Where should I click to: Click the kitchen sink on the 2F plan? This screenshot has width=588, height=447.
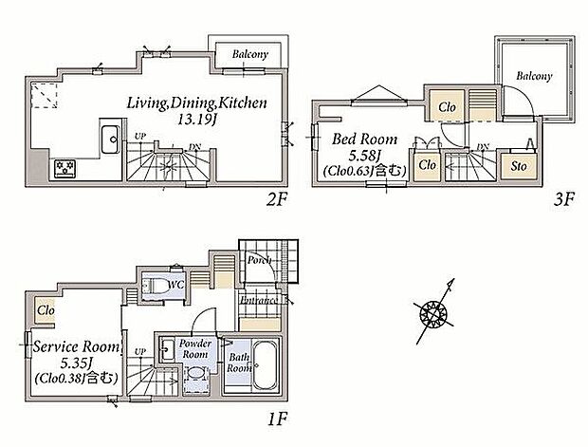pos(110,140)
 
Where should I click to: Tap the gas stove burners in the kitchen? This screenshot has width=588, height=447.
pos(64,169)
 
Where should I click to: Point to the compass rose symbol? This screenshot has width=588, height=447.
pos(434,312)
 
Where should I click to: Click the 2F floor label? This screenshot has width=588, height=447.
pos(276,200)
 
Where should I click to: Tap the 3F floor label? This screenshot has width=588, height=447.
pos(563,199)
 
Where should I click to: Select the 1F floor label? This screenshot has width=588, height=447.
pos(277,419)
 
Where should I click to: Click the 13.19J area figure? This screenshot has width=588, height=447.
pos(197,120)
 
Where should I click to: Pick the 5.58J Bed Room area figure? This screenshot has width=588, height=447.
pos(364,155)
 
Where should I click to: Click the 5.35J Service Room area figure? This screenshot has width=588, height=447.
pos(76,363)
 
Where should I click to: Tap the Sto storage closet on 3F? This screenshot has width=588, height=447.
pos(519,165)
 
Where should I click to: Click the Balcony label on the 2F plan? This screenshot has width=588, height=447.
pos(250,54)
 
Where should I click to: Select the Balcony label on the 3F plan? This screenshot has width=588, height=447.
pos(534,76)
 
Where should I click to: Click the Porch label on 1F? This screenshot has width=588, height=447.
pos(259,259)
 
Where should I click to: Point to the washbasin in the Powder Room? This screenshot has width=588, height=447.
pos(168,350)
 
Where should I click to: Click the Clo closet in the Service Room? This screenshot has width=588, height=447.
pos(46,310)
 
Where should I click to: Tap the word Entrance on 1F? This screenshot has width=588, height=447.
pos(259,300)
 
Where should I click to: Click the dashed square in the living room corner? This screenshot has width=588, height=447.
pos(44,95)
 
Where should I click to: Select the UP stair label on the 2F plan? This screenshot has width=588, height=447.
pos(139,137)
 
